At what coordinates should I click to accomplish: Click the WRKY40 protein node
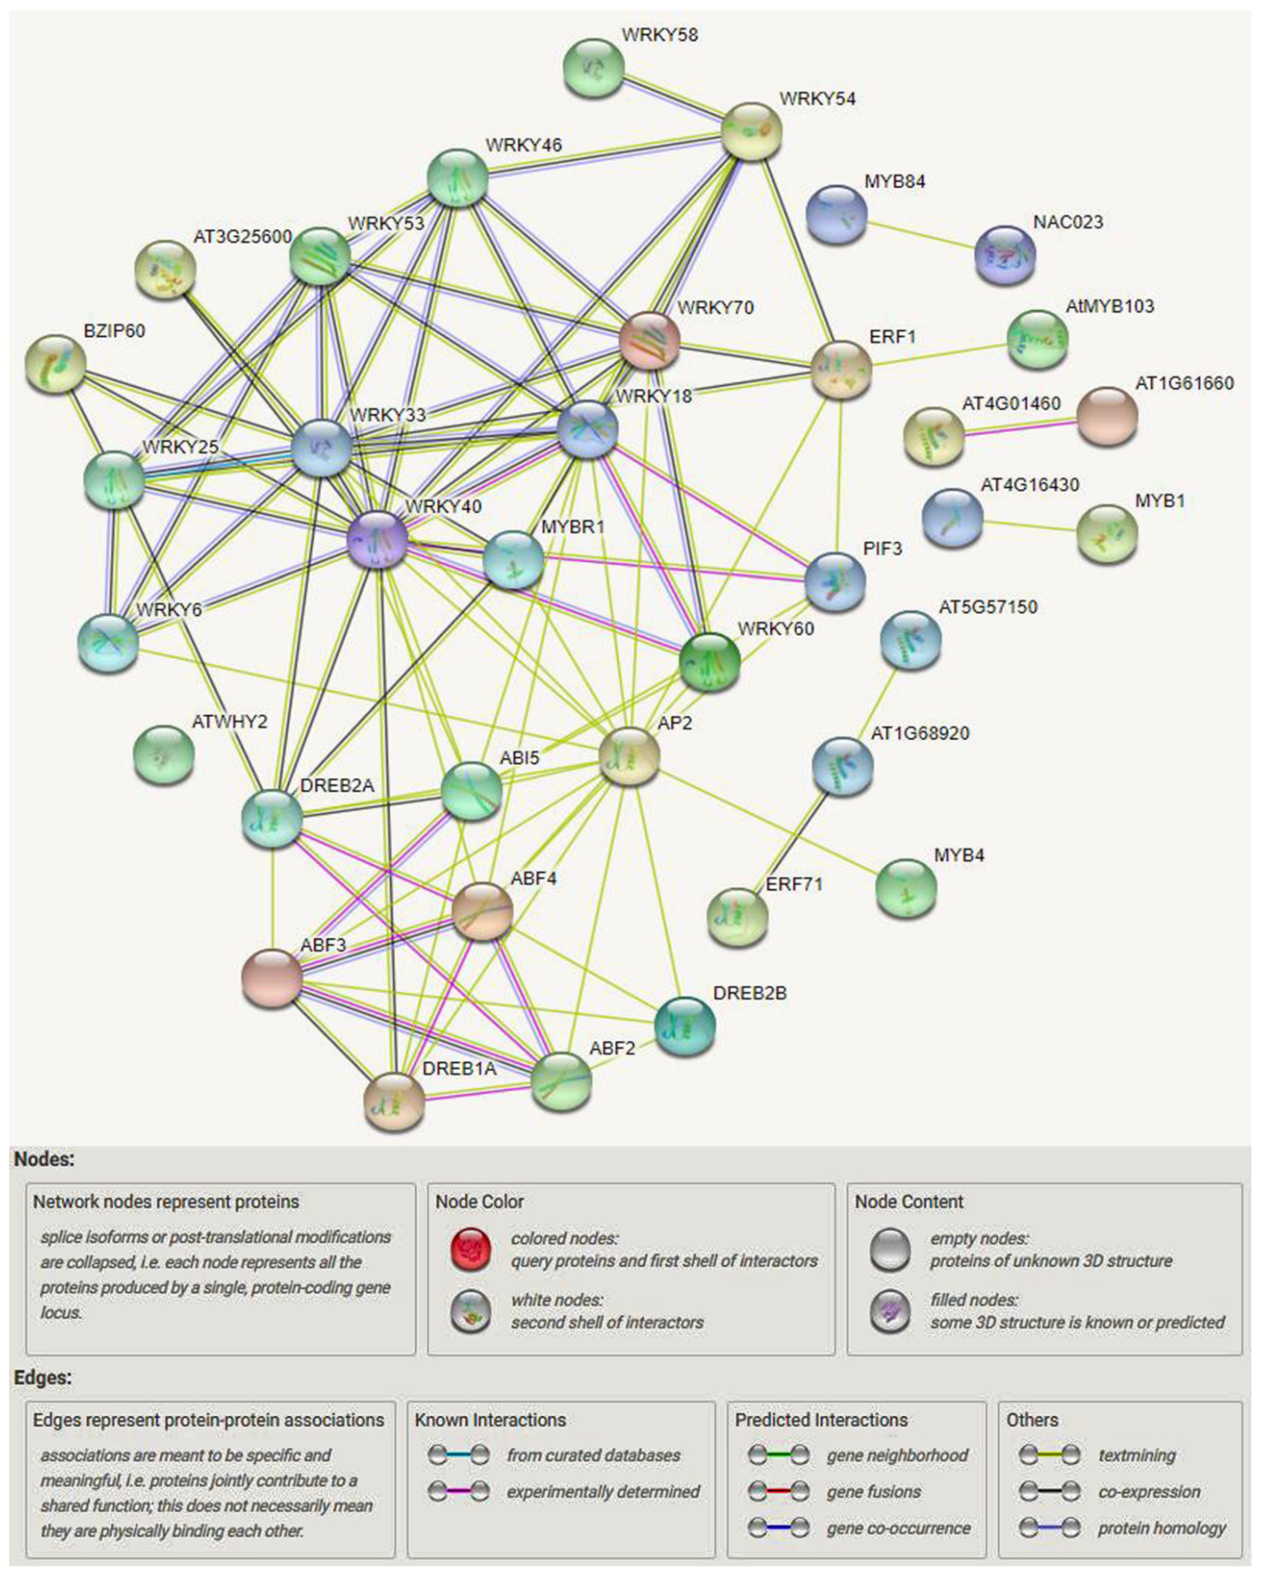(377, 540)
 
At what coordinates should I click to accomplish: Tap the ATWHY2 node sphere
(164, 755)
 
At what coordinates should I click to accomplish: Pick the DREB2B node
(684, 1026)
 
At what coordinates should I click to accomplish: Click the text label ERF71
(794, 884)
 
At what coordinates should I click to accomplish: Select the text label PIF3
(882, 549)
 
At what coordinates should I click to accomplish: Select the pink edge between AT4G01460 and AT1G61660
(1020, 427)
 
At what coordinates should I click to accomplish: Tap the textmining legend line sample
(1049, 1456)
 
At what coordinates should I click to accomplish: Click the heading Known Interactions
(490, 1420)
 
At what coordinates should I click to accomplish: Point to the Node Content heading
(909, 1202)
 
